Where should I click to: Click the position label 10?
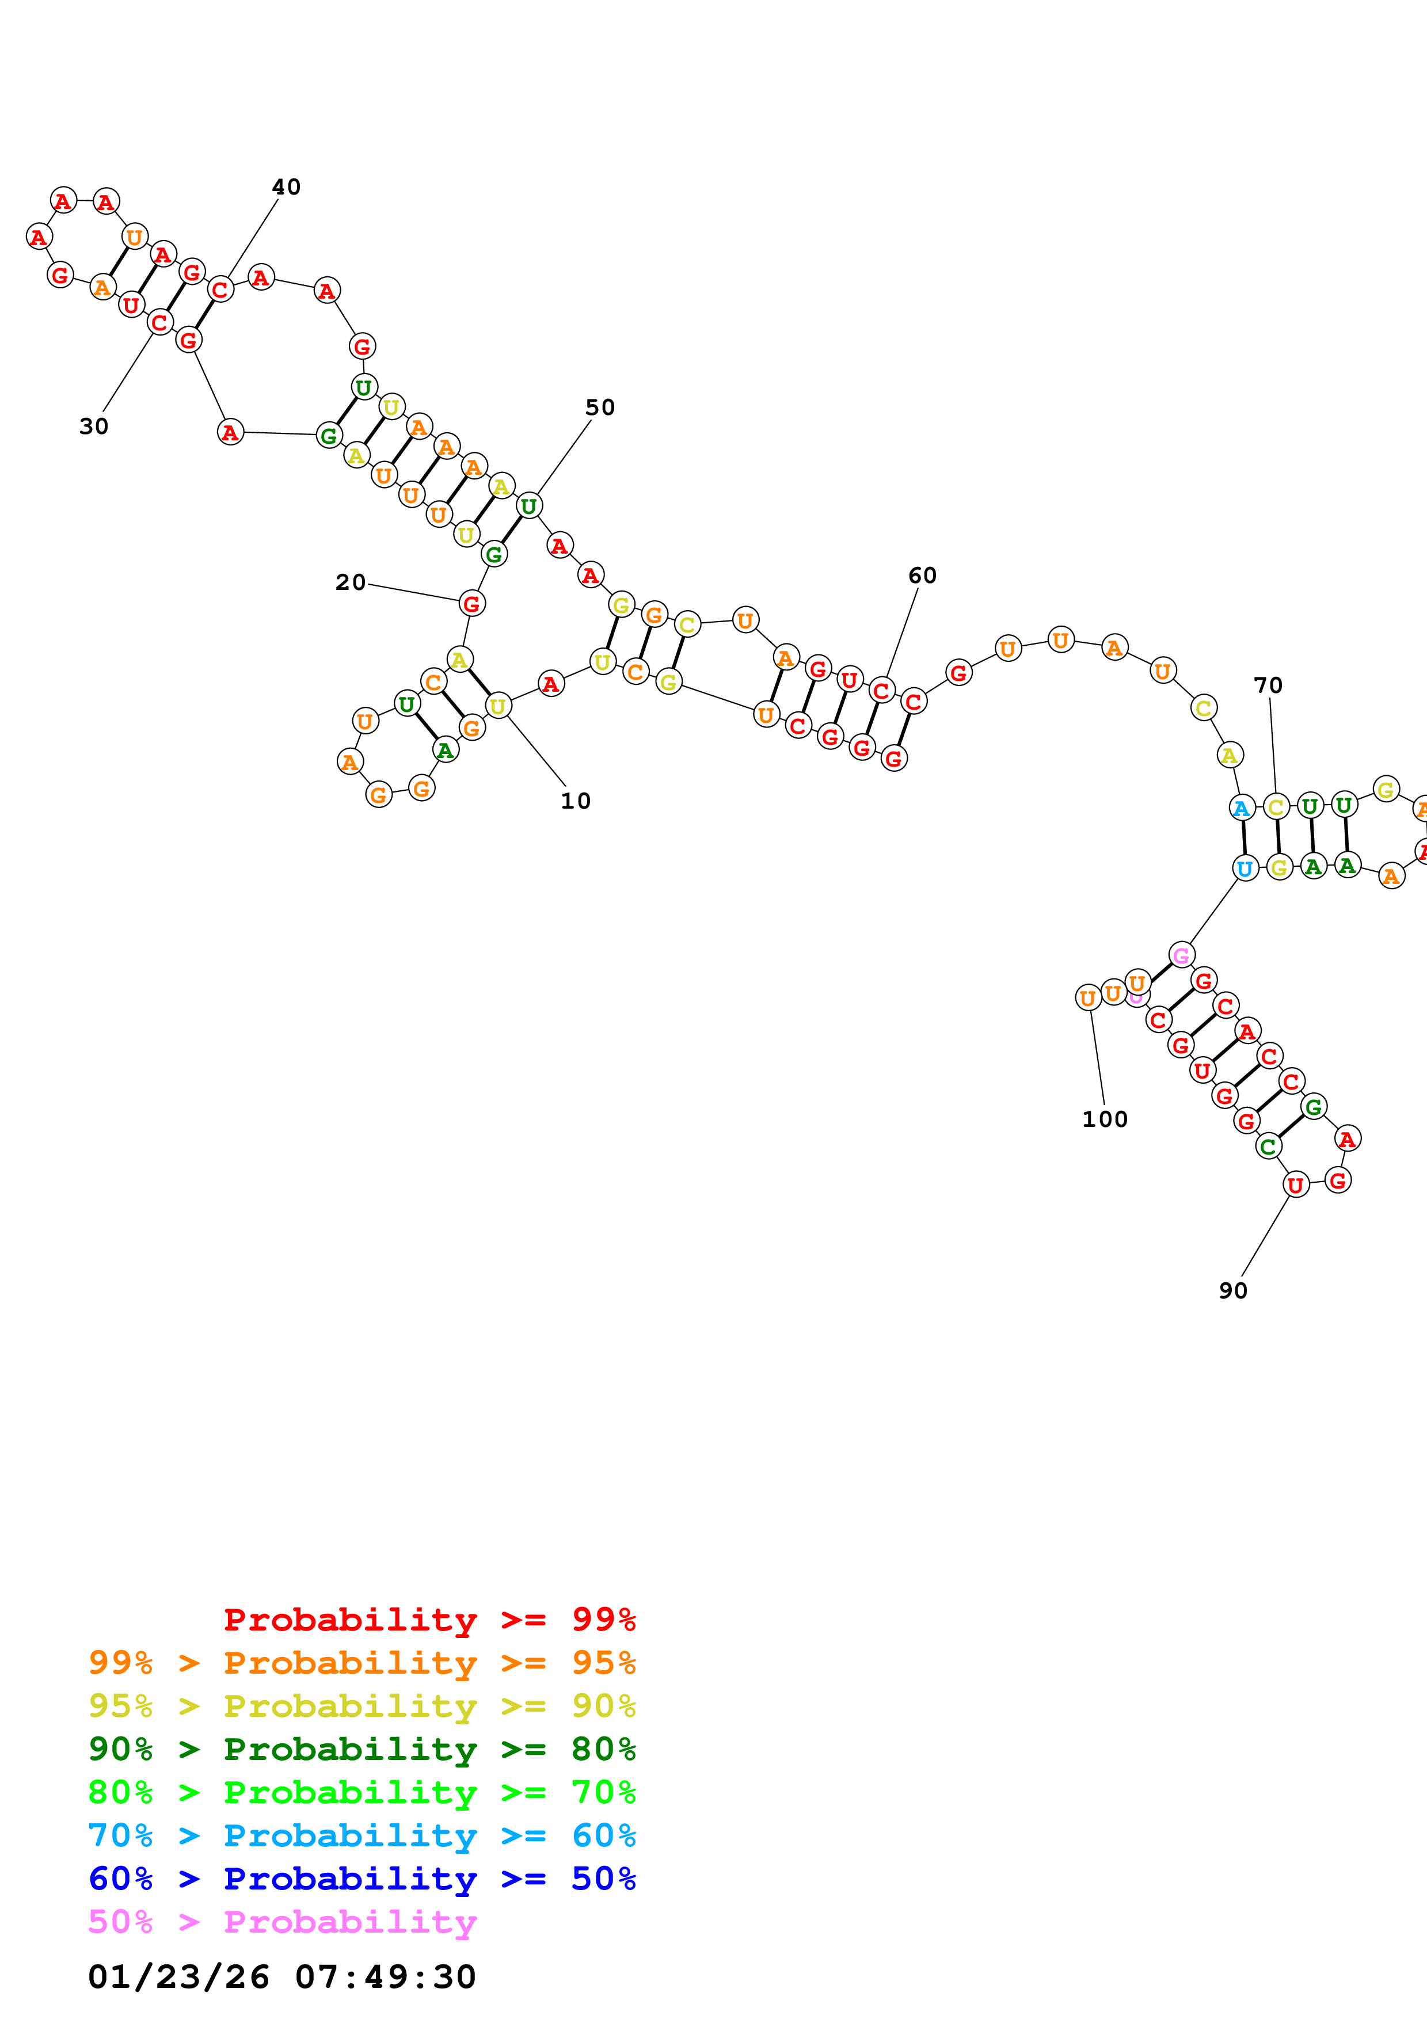tap(576, 801)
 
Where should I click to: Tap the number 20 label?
tap(350, 582)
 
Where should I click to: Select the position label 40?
tap(286, 187)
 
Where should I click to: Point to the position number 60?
tap(922, 576)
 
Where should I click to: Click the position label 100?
tap(1104, 1119)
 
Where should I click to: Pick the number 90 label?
tap(1232, 1291)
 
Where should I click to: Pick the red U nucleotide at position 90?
tap(1295, 1186)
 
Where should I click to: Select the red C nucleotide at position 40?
tap(220, 289)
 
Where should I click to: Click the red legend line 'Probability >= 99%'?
tap(429, 1620)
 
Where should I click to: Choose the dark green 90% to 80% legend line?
tap(361, 1749)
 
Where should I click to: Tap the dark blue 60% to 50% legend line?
tap(361, 1879)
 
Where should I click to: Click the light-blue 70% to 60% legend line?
tap(361, 1835)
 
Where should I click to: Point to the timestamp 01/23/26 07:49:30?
tap(281, 1978)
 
